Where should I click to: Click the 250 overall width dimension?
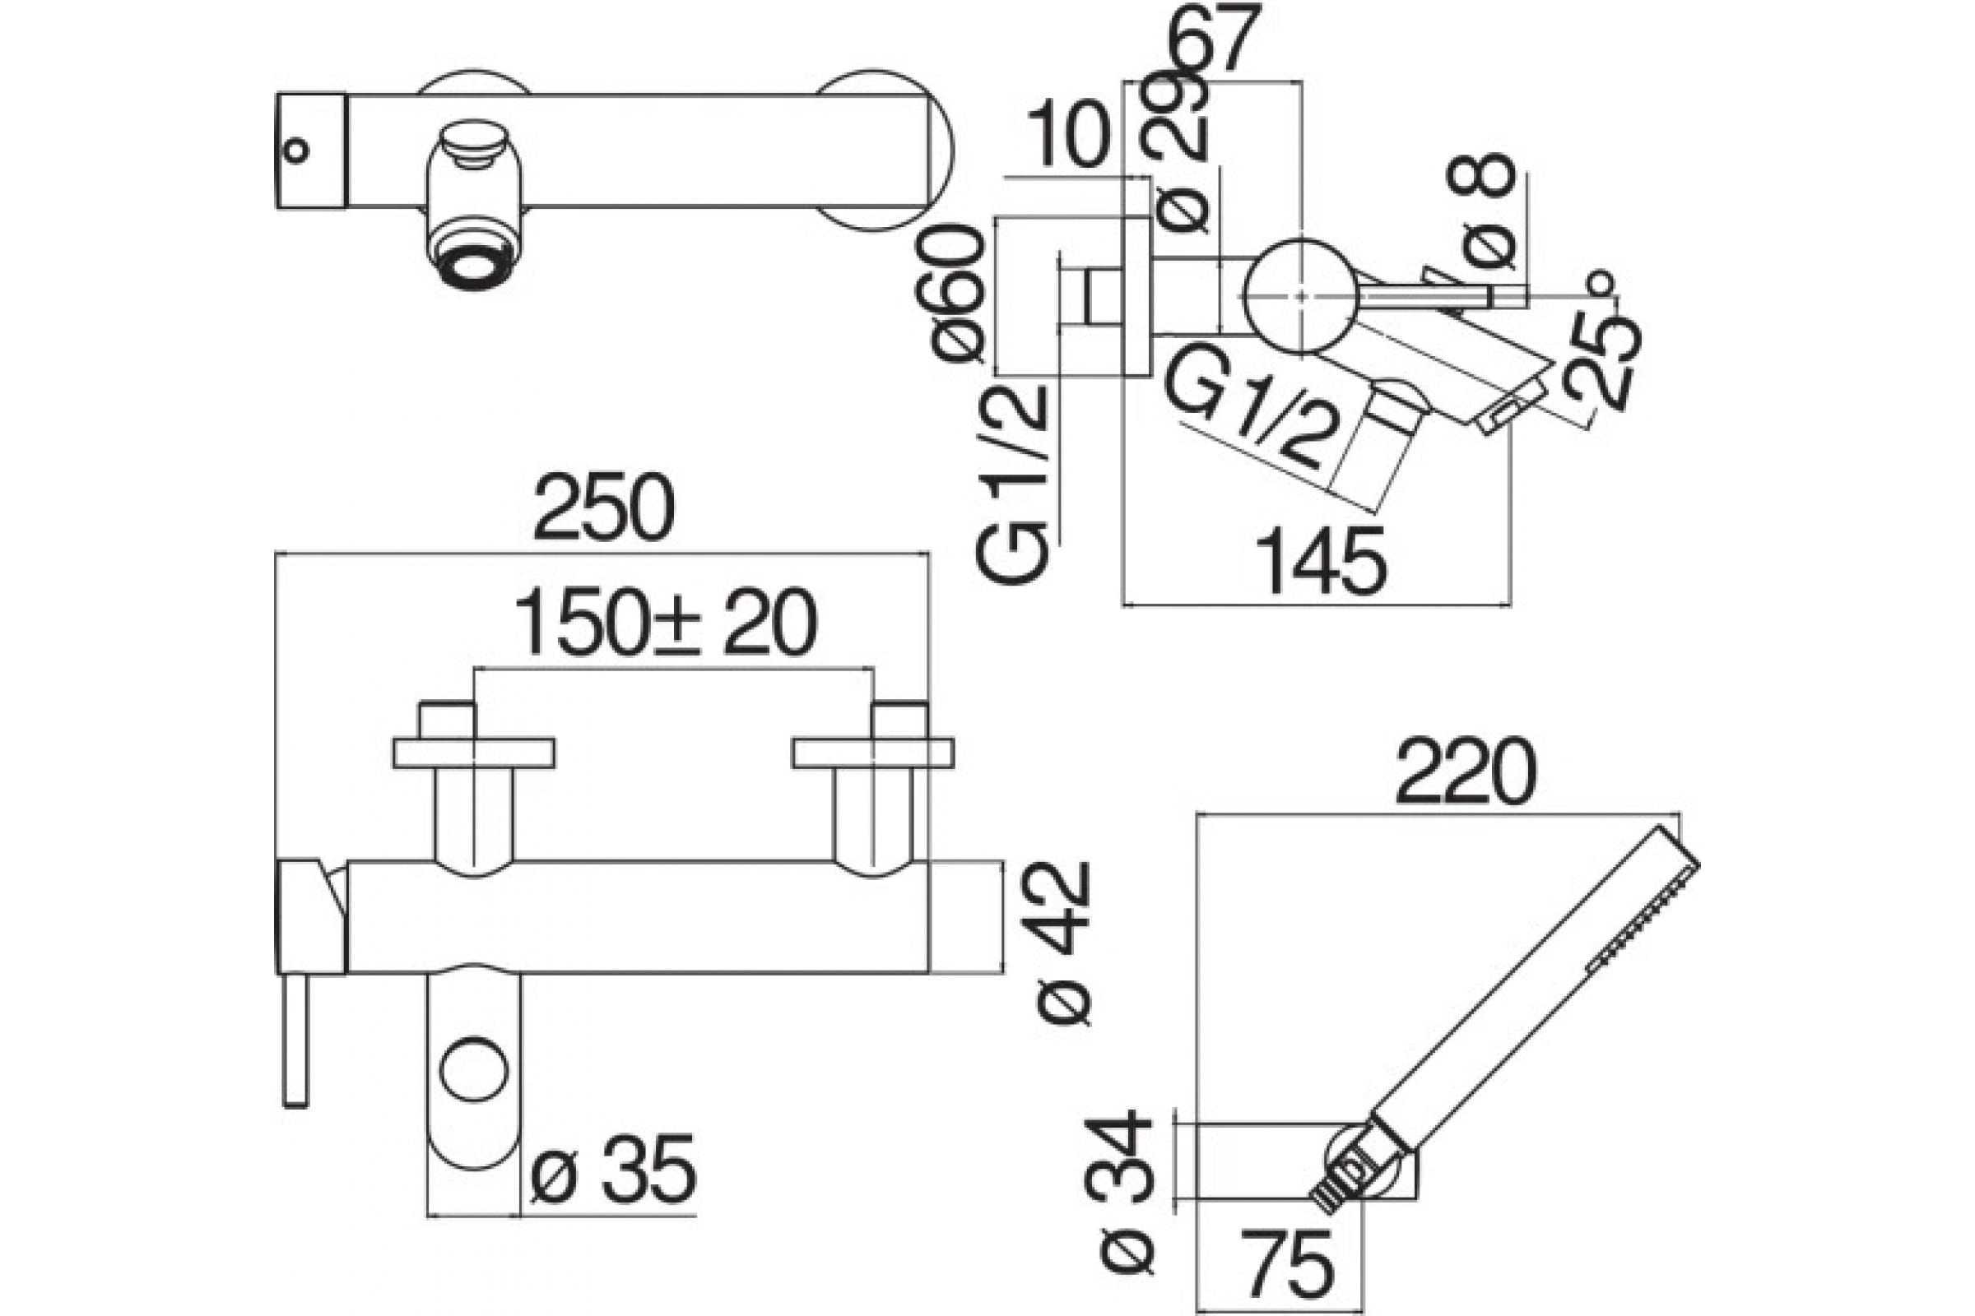[604, 508]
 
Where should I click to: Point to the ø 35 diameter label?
[614, 1167]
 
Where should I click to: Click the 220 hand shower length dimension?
[1466, 772]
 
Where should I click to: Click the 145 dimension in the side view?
[1321, 562]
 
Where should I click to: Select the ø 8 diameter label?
[1481, 221]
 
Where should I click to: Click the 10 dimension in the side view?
[1068, 134]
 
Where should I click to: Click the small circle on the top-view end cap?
[295, 152]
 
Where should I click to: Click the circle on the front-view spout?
[475, 1072]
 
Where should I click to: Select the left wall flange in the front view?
[474, 753]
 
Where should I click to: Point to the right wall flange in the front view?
[873, 753]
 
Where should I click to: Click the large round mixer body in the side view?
[1300, 296]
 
